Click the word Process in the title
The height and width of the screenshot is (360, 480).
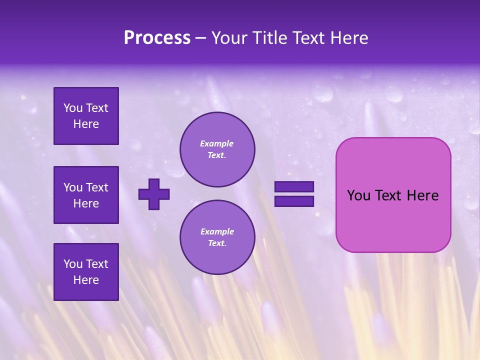pyautogui.click(x=157, y=38)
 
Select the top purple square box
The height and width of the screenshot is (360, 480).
pyautogui.click(x=86, y=116)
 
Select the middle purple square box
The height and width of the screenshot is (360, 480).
pyautogui.click(x=86, y=195)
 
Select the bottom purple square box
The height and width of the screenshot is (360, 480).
pyautogui.click(x=86, y=272)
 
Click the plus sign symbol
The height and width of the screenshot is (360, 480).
pyautogui.click(x=154, y=194)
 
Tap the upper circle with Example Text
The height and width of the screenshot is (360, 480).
pyautogui.click(x=217, y=149)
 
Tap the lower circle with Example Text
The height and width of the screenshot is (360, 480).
pyautogui.click(x=217, y=237)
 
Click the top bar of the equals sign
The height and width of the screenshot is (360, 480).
pyautogui.click(x=294, y=187)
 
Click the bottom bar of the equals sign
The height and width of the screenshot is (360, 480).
pyautogui.click(x=294, y=201)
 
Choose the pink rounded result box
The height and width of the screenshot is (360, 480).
pyautogui.click(x=393, y=195)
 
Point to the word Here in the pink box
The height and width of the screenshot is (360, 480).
pyautogui.click(x=422, y=195)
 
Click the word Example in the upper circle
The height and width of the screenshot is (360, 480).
pyautogui.click(x=217, y=143)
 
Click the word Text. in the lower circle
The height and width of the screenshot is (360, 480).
pyautogui.click(x=217, y=243)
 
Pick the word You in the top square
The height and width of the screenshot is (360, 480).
pyautogui.click(x=73, y=108)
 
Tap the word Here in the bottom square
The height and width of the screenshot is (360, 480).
pyautogui.click(x=86, y=280)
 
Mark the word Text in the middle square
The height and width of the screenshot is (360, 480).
pyautogui.click(x=96, y=187)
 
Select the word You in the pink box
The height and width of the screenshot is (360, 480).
pyautogui.click(x=358, y=195)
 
